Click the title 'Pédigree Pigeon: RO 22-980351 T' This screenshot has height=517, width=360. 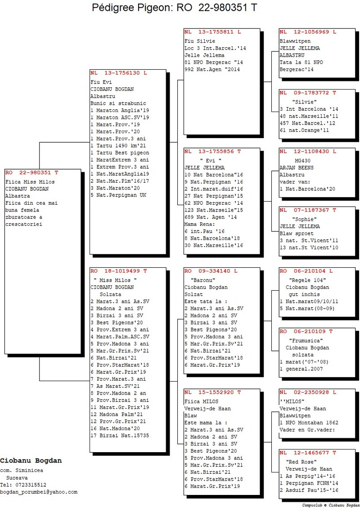(x=175, y=8)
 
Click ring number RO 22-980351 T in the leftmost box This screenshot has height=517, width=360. (x=31, y=172)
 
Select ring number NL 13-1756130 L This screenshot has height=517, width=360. (x=119, y=73)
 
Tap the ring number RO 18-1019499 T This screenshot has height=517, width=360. (x=119, y=271)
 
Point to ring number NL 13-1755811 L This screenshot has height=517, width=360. (x=213, y=32)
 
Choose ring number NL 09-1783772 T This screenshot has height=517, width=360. (x=308, y=93)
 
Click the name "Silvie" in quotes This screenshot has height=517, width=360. (x=304, y=102)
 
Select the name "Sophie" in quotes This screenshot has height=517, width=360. (x=304, y=219)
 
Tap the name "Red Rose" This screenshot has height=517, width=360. (x=301, y=462)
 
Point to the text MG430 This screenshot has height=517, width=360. (x=303, y=161)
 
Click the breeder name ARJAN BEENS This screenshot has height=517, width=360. (x=297, y=168)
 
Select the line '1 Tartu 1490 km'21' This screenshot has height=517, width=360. (x=118, y=146)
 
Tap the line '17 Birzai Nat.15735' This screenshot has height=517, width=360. (x=120, y=436)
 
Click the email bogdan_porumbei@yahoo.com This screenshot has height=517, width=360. (x=39, y=492)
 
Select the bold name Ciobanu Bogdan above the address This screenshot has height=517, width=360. (x=31, y=461)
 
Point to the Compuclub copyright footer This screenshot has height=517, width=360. (x=331, y=505)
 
